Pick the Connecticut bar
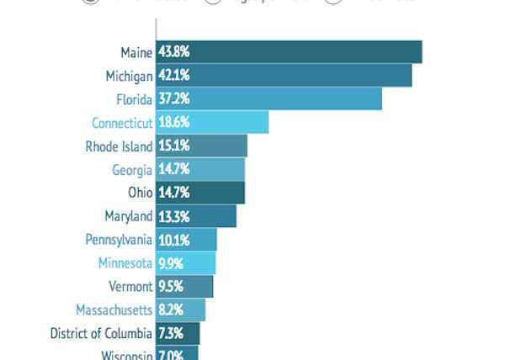tap(227, 123)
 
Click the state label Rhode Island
tap(119, 146)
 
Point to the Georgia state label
tap(132, 170)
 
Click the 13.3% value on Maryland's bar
tap(173, 216)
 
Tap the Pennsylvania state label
tap(119, 240)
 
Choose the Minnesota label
tap(125, 263)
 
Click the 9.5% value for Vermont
tap(171, 286)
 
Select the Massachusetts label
tap(114, 310)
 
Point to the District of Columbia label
tap(101, 333)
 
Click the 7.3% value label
tap(171, 333)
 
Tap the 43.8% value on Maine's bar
tap(173, 52)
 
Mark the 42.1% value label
tap(173, 76)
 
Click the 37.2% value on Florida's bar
tap(173, 99)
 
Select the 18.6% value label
tap(173, 123)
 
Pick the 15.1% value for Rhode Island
tap(173, 146)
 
